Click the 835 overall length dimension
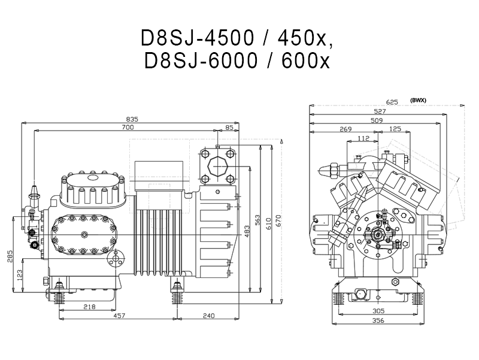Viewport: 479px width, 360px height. (132, 119)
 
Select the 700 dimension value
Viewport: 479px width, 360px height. (128, 127)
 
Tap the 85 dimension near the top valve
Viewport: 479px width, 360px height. (229, 127)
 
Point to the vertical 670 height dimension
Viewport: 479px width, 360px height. (278, 220)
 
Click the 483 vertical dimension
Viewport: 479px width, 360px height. (247, 231)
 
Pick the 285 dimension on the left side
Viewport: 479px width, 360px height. (10, 256)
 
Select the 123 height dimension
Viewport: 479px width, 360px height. (20, 276)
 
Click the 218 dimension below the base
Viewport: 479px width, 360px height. (89, 307)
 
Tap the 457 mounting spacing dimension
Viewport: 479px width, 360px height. (119, 316)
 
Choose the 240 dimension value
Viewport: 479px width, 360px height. (208, 316)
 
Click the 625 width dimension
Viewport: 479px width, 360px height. (392, 102)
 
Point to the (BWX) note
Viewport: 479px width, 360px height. (418, 100)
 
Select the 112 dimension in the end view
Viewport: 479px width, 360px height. (363, 138)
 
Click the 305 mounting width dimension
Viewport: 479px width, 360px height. (378, 311)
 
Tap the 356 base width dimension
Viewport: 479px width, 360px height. (378, 320)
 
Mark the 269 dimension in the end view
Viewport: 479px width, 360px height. (345, 129)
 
